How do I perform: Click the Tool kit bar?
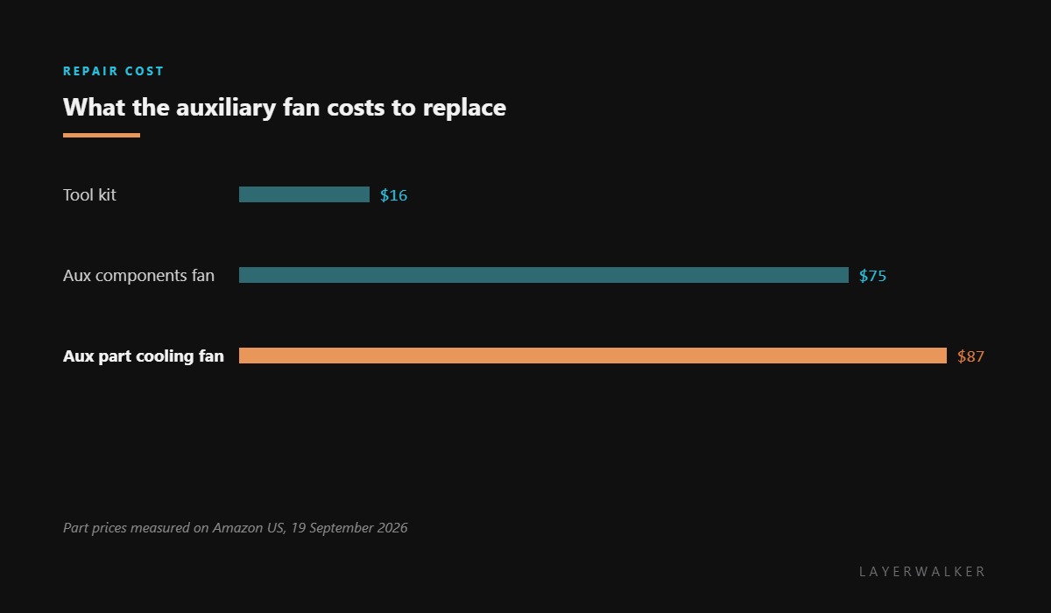point(304,194)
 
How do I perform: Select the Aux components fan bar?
point(544,275)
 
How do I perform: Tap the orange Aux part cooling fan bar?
point(593,356)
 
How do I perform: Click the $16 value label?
point(393,195)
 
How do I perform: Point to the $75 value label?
point(872,276)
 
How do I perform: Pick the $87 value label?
point(970,356)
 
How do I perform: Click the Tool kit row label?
point(89,194)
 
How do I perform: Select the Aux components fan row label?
point(139,275)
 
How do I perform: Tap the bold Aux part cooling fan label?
point(144,356)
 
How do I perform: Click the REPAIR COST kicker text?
point(113,71)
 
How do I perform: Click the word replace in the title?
point(464,109)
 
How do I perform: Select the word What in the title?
point(95,108)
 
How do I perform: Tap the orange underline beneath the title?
point(102,136)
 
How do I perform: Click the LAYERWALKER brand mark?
point(922,571)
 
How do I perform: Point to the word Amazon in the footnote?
point(238,528)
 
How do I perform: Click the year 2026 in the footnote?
point(392,528)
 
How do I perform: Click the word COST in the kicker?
point(144,71)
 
